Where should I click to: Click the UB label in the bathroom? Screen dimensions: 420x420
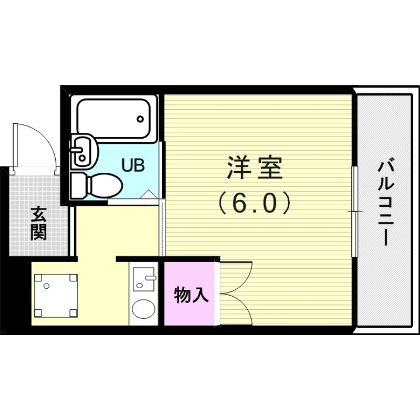pos(132,165)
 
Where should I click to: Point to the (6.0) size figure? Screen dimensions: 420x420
pos(254,203)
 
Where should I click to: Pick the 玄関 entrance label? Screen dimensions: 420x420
pos(38,224)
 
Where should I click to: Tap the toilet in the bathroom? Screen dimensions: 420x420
pos(97,184)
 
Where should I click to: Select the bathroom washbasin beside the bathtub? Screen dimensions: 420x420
pos(84,149)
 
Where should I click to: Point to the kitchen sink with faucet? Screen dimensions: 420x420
pos(143,278)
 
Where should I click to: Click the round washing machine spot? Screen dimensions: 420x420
pos(143,309)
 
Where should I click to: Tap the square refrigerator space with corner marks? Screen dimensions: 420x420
pos(55,296)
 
